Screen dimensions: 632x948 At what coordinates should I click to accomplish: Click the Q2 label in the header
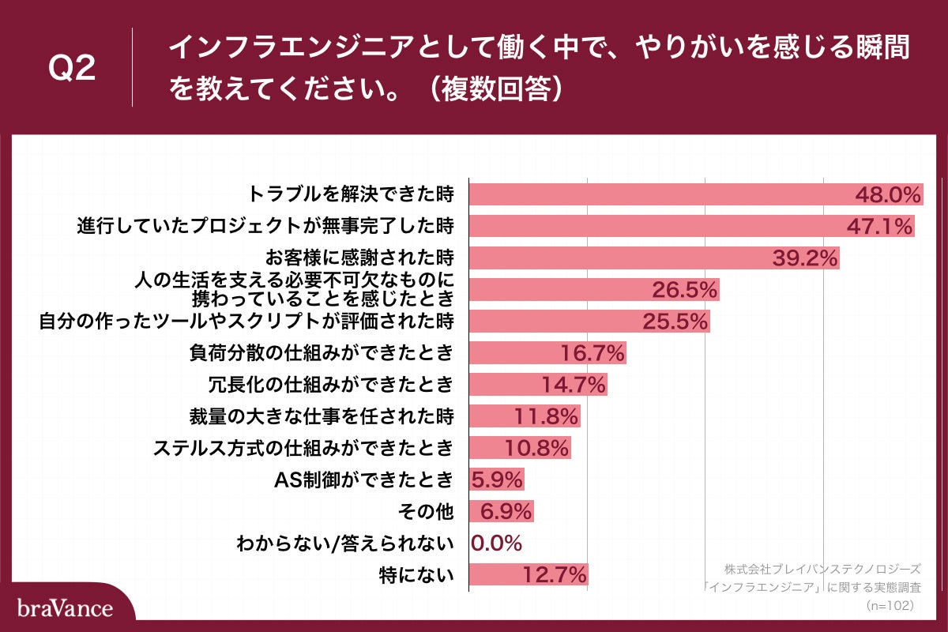(72, 68)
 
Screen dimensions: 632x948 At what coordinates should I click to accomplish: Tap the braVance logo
(65, 608)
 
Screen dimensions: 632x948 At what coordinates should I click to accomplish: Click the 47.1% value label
(879, 227)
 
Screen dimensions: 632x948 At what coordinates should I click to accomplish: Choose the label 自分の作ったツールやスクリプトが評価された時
(246, 321)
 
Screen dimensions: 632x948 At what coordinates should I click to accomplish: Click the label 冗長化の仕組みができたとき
(330, 385)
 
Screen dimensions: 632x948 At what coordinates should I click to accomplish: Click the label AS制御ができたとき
(364, 480)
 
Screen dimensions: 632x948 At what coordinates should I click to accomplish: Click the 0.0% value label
(497, 543)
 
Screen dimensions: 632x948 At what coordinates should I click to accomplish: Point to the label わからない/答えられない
(345, 543)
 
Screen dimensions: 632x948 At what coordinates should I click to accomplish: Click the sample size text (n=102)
(890, 605)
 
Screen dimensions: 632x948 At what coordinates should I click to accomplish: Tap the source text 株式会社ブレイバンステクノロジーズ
(822, 569)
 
